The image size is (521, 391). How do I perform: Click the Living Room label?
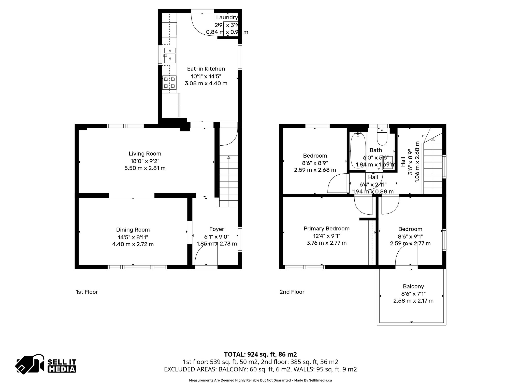(x=145, y=154)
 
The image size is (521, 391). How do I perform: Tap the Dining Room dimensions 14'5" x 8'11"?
(x=133, y=237)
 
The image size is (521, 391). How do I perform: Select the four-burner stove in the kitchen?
(x=169, y=83)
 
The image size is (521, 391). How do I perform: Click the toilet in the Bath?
(x=382, y=138)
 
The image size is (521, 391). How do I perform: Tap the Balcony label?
(x=413, y=286)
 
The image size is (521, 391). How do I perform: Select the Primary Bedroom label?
(x=326, y=229)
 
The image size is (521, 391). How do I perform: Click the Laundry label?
(x=227, y=18)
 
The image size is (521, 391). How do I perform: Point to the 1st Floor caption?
(x=86, y=292)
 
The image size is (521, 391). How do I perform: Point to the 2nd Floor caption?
(x=292, y=292)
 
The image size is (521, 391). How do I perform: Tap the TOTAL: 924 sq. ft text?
(x=260, y=354)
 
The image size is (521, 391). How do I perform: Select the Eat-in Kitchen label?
(x=206, y=69)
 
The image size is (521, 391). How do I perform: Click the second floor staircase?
(x=432, y=168)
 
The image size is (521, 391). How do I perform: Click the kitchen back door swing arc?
(x=201, y=25)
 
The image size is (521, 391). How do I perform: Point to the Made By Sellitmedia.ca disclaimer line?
(x=260, y=380)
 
